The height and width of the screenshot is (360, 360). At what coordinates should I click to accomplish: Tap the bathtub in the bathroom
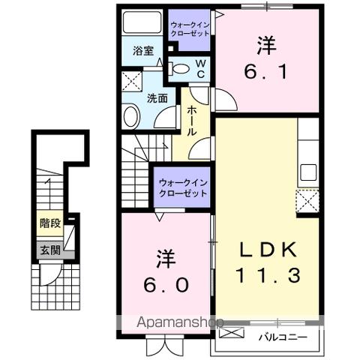pyautogui.click(x=142, y=23)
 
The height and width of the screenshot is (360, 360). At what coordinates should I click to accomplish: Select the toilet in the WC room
pyautogui.click(x=181, y=69)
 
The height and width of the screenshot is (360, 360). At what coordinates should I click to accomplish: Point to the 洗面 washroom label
pyautogui.click(x=157, y=97)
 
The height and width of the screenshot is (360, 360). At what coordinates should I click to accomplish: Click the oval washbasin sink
pyautogui.click(x=131, y=116)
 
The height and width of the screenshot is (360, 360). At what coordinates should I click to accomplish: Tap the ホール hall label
pyautogui.click(x=192, y=120)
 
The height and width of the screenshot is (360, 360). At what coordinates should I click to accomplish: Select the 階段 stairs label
pyautogui.click(x=47, y=223)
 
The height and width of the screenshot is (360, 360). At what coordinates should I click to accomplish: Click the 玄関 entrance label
pyautogui.click(x=46, y=250)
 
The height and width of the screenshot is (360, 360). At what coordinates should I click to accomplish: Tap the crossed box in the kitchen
pyautogui.click(x=307, y=201)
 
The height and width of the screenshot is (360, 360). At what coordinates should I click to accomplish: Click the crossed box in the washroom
pyautogui.click(x=131, y=80)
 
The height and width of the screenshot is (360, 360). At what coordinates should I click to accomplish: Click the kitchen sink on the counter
pyautogui.click(x=308, y=171)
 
